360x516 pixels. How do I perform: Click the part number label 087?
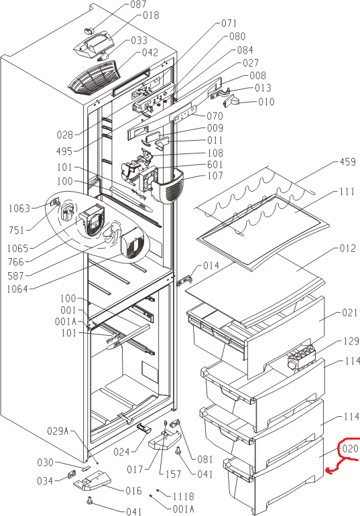pos(138,4)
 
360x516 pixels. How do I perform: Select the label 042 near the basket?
pos(150,53)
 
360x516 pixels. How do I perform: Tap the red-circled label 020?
pos(350,448)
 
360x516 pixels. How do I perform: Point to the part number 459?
pos(348,162)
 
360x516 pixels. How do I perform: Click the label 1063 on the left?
pos(19,208)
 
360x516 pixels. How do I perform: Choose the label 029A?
pos(58,431)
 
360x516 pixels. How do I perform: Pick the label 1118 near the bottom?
pos(183,497)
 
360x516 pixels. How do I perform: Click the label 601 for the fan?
pos(215,165)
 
